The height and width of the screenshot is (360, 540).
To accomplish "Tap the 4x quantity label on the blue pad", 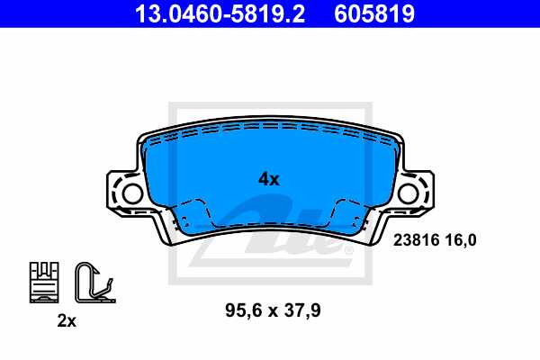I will coord(269,178).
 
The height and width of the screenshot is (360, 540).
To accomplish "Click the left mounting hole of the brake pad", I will coord(131,192).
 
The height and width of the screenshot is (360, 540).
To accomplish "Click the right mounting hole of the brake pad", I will coord(409,192).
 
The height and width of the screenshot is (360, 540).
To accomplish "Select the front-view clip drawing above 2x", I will coord(44,280).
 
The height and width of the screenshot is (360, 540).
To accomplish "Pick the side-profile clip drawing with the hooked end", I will coord(93,280).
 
